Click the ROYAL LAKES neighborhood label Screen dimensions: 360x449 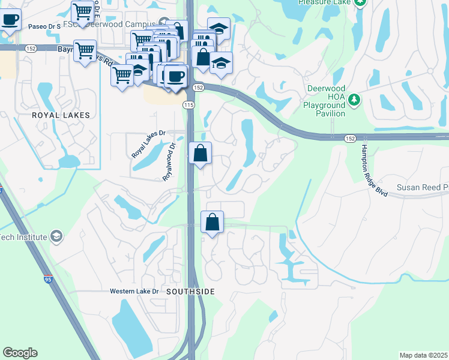(x=61, y=115)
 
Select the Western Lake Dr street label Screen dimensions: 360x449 (x=134, y=292)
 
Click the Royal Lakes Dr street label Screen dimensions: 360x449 (x=148, y=145)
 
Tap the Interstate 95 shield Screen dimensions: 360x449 (x=48, y=279)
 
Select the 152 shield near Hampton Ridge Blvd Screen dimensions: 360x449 (x=351, y=139)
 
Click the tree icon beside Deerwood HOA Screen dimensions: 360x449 (x=355, y=99)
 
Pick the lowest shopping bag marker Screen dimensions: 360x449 (x=212, y=223)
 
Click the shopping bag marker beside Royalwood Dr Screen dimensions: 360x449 (x=200, y=154)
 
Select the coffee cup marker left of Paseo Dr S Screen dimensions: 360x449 (x=10, y=20)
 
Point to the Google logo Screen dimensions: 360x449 (x=20, y=353)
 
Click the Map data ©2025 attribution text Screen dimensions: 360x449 (x=423, y=355)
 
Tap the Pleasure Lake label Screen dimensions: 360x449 (x=325, y=2)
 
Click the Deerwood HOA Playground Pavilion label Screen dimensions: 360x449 (x=324, y=100)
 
